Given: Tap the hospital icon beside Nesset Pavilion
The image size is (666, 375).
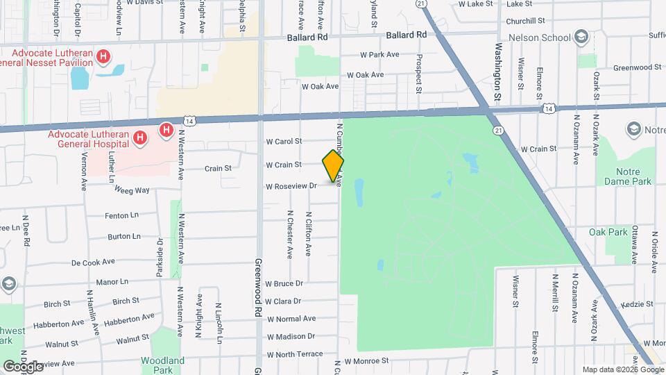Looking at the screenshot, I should pyautogui.click(x=103, y=56).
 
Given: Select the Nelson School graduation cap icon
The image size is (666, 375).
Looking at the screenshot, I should pyautogui.click(x=581, y=37).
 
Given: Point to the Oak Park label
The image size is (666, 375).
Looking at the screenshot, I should pyautogui.click(x=608, y=231).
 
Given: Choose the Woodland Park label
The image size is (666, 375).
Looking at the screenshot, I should pyautogui.click(x=162, y=365).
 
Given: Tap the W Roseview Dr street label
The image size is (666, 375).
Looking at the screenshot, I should pyautogui.click(x=291, y=186).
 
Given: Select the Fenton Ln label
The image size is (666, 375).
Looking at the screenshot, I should pyautogui.click(x=122, y=216).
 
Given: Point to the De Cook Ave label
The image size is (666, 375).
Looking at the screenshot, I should pyautogui.click(x=93, y=262).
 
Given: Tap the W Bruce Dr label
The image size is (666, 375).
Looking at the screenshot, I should pyautogui.click(x=284, y=283).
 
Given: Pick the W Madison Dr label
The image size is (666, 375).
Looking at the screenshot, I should pyautogui.click(x=291, y=337).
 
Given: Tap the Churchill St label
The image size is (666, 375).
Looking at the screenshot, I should pyautogui.click(x=525, y=21).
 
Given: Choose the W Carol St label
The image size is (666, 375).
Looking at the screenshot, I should pyautogui.click(x=284, y=141).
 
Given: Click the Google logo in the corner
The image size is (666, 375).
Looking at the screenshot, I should pyautogui.click(x=23, y=366).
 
